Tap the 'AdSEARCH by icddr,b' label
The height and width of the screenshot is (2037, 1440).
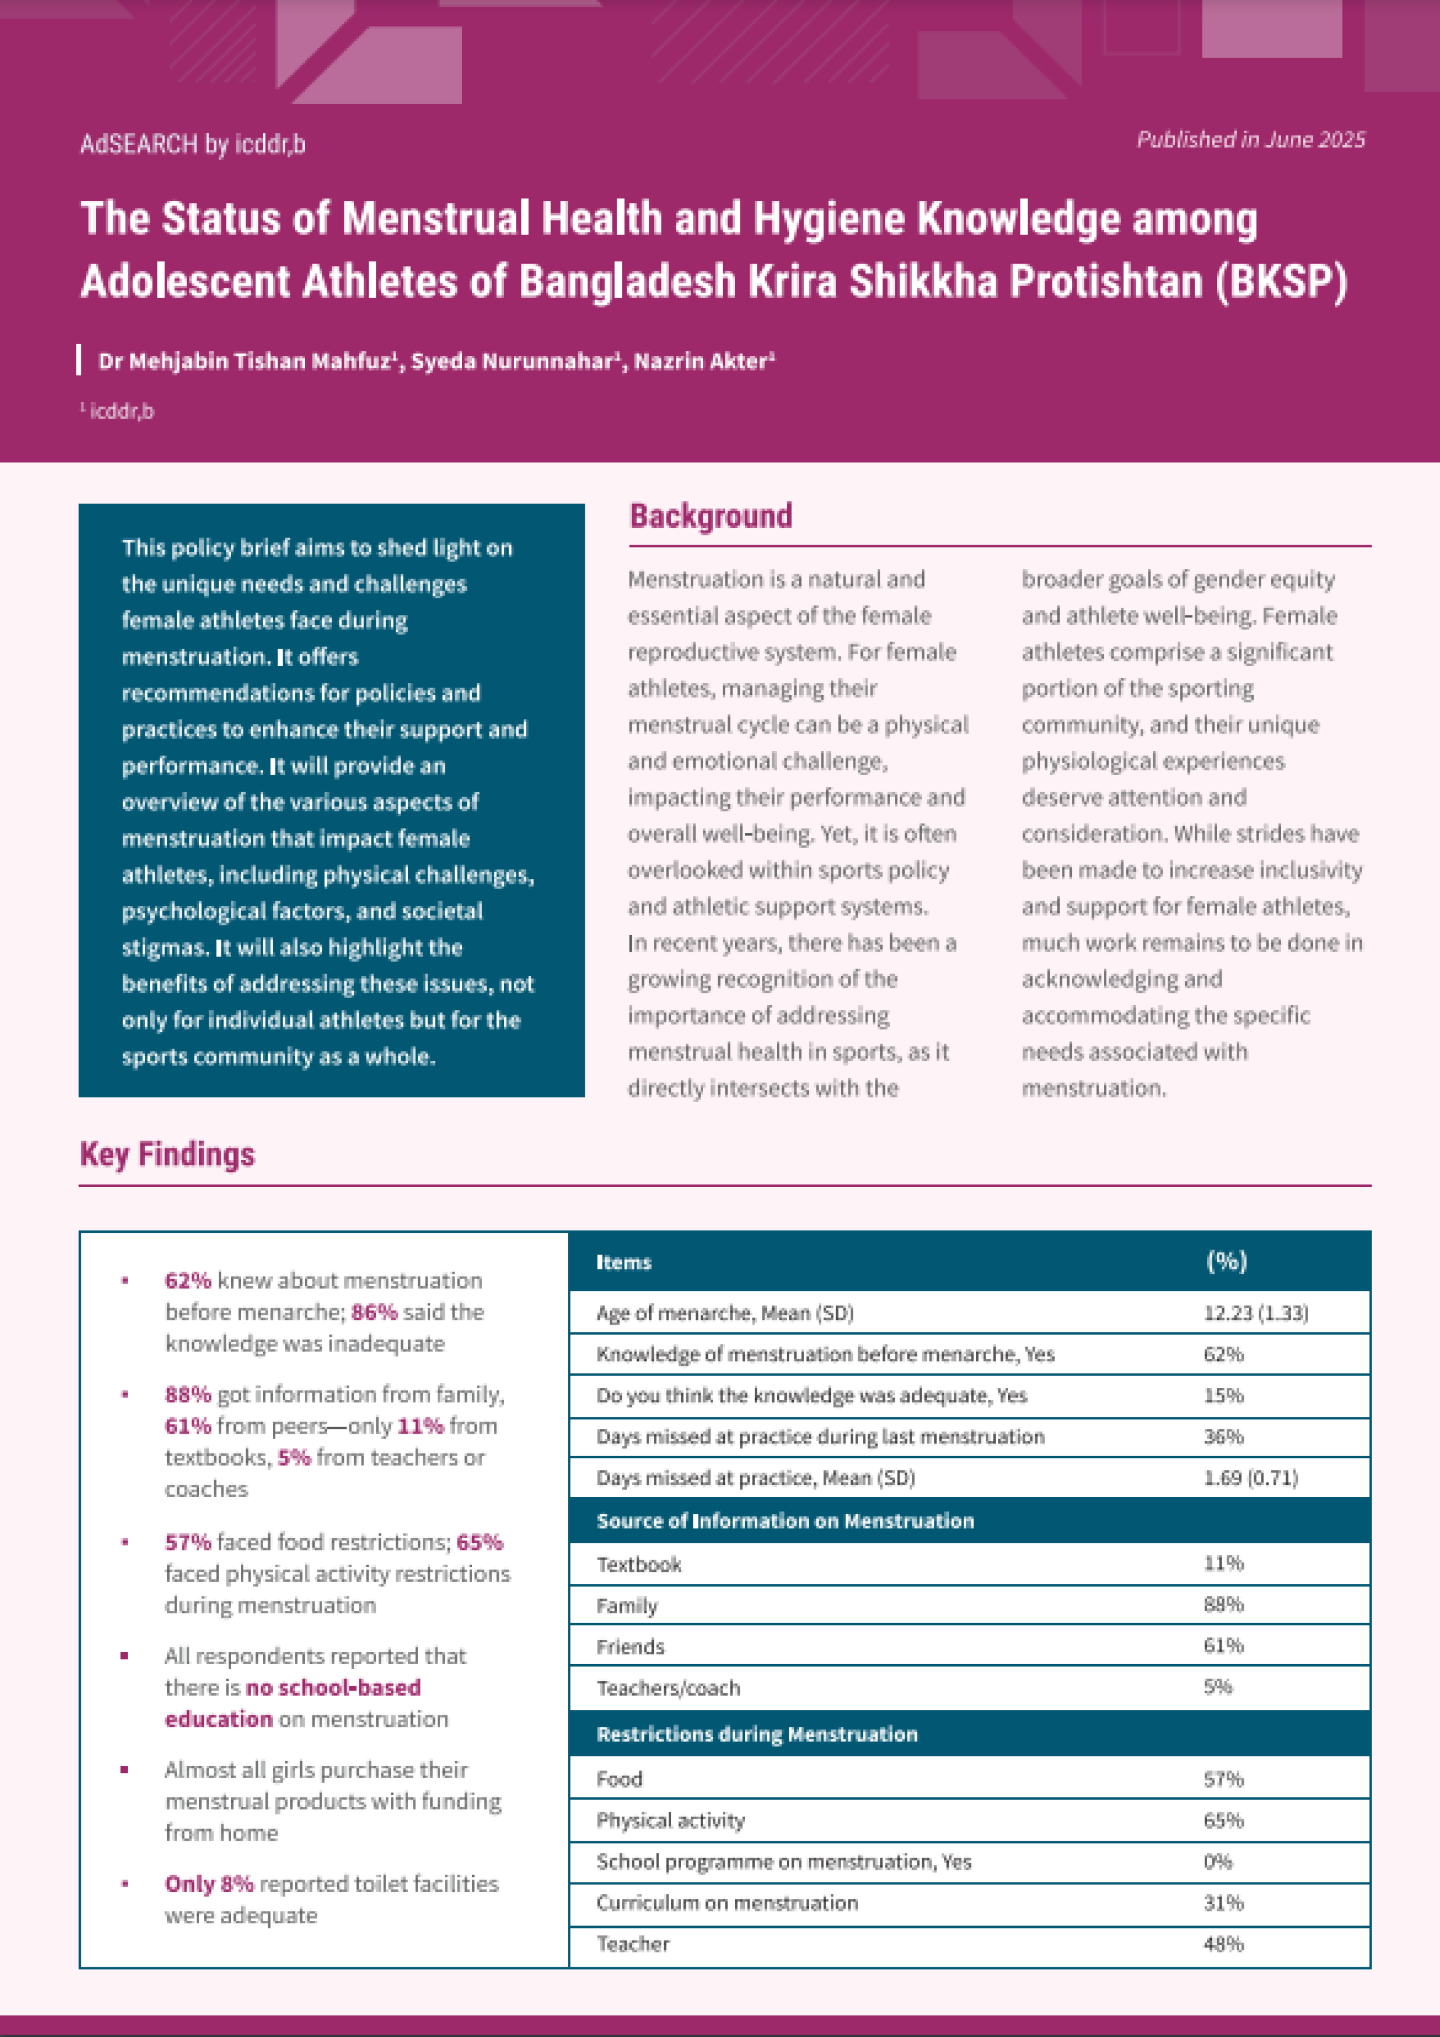pos(193,144)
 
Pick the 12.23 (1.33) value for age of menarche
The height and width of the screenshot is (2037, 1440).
pos(1255,1313)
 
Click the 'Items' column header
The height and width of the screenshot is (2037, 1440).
pos(624,1262)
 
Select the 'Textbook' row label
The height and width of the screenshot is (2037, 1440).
pos(639,1564)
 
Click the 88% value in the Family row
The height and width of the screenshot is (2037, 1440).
pos(1223,1604)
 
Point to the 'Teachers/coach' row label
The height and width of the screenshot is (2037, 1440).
pos(668,1687)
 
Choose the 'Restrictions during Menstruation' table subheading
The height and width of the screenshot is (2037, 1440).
pos(757,1733)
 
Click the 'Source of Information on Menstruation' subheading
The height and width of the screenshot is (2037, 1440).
pos(785,1521)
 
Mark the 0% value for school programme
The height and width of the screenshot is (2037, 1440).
pos(1217,1861)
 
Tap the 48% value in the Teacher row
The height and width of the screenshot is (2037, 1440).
pos(1223,1944)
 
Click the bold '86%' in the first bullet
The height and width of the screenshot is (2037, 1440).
pos(373,1312)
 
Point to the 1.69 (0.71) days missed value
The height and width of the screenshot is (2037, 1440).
pos(1250,1477)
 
